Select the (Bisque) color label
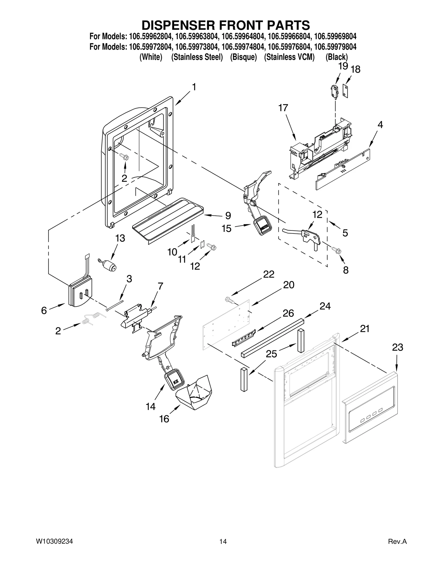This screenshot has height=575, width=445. click(243, 57)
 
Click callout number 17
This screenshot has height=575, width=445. click(283, 108)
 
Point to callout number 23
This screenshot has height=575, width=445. click(397, 347)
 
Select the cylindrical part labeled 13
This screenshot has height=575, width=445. click(110, 266)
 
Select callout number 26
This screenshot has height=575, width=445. click(288, 313)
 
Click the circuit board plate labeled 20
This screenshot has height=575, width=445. click(227, 322)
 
